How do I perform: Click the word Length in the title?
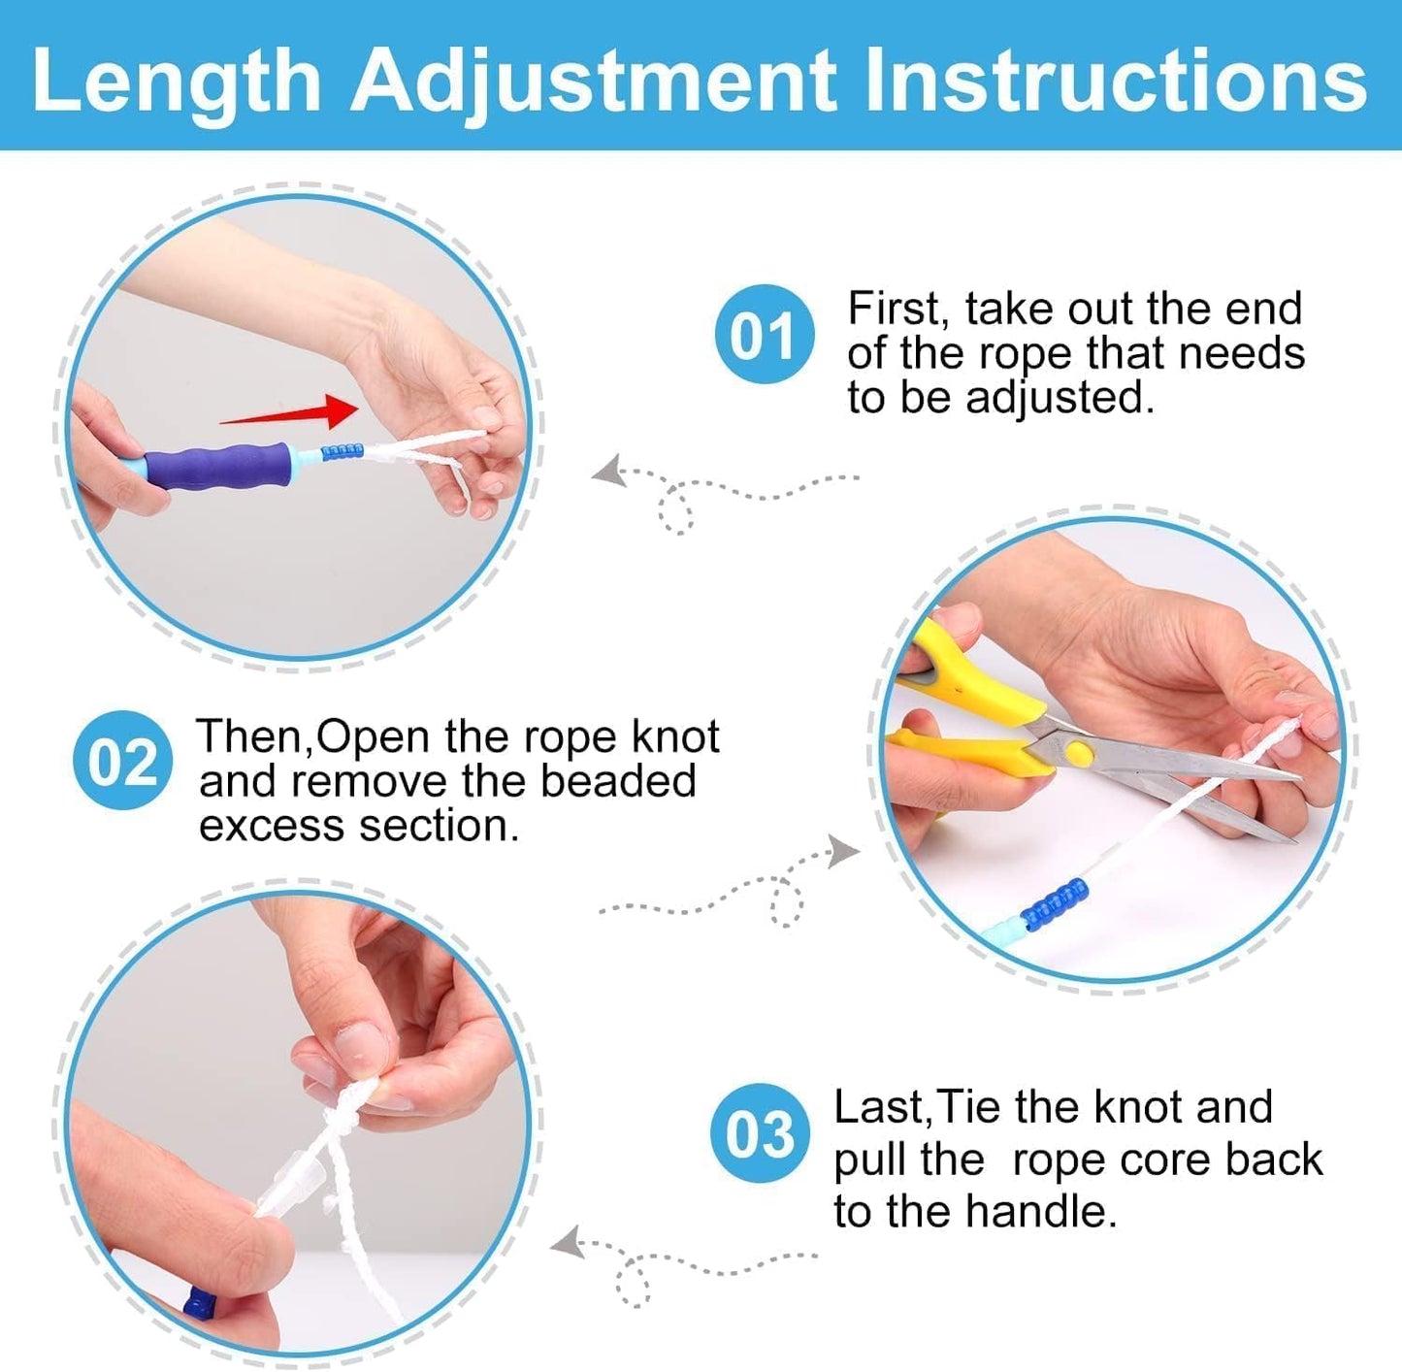[176, 82]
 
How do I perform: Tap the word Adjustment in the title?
[593, 82]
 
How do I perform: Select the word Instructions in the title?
[1115, 82]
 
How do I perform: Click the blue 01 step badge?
[764, 335]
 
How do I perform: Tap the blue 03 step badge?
[759, 1133]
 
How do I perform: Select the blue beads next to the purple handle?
[342, 451]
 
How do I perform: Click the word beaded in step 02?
[618, 781]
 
